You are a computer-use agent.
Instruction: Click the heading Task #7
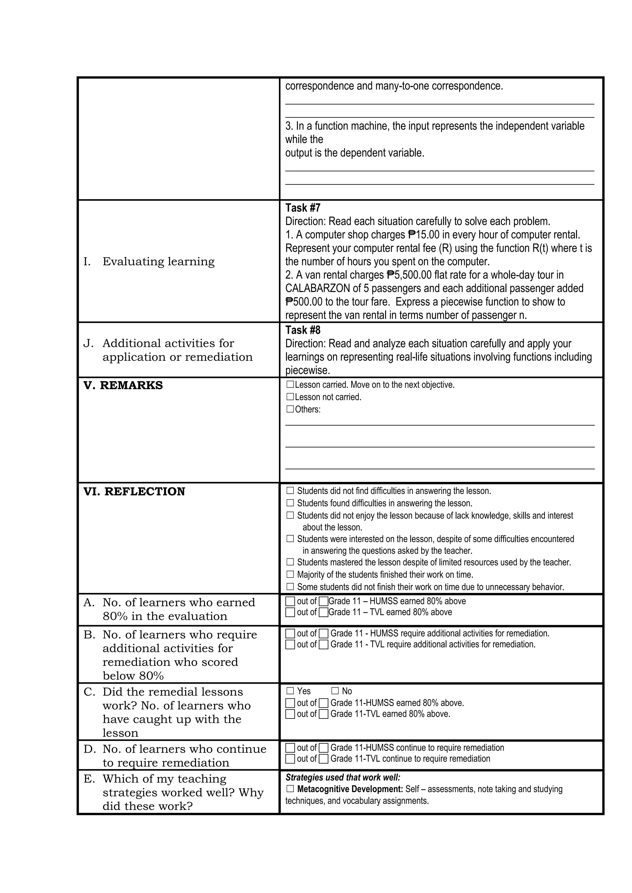(x=302, y=208)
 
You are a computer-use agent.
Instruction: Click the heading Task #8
(x=302, y=330)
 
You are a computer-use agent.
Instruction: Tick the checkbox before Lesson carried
(x=290, y=385)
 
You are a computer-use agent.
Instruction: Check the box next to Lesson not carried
(x=290, y=397)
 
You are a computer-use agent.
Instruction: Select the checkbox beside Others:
(x=290, y=409)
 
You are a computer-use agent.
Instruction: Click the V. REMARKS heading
(x=123, y=385)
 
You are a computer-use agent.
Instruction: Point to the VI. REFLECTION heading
(x=134, y=492)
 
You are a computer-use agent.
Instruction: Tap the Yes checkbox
(x=290, y=691)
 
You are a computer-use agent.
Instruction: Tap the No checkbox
(x=335, y=691)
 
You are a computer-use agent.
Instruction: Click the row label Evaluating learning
(x=158, y=261)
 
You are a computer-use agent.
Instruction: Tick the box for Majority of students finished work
(x=290, y=574)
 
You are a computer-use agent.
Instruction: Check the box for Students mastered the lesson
(x=290, y=562)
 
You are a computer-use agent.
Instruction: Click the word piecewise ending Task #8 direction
(x=307, y=371)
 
